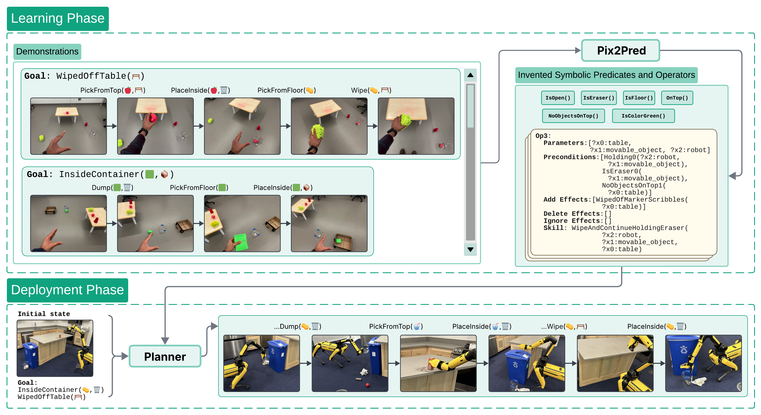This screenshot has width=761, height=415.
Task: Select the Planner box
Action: [x=165, y=356]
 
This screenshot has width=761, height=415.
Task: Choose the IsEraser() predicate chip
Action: [x=599, y=98]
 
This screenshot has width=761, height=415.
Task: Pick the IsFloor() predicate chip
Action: [x=639, y=98]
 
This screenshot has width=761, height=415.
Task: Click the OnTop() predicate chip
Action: [x=677, y=98]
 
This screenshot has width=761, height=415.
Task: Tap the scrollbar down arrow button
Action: [x=470, y=249]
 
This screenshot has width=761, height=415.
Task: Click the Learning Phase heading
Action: [x=58, y=18]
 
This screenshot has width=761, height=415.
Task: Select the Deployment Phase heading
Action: [x=67, y=290]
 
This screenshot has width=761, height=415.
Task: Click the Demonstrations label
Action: [x=47, y=51]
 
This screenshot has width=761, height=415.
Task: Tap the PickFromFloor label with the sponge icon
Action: [x=286, y=90]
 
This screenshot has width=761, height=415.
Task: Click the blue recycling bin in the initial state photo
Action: [x=30, y=355]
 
